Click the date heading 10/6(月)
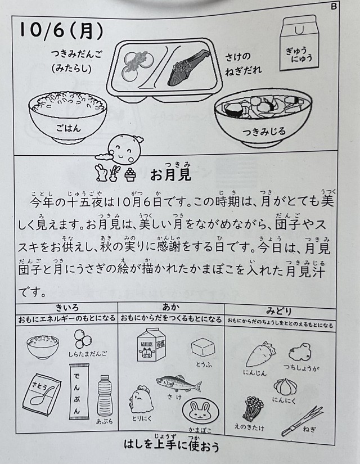pyautogui.click(x=61, y=30)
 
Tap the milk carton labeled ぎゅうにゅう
pyautogui.click(x=299, y=43)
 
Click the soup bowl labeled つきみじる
pyautogui.click(x=263, y=118)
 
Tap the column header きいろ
pyautogui.click(x=67, y=308)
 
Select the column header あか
pyautogui.click(x=171, y=308)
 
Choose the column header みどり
pyautogui.click(x=279, y=311)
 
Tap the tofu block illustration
pyautogui.click(x=203, y=348)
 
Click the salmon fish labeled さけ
pyautogui.click(x=179, y=384)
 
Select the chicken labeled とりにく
pyautogui.click(x=140, y=399)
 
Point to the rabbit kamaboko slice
pyautogui.click(x=200, y=412)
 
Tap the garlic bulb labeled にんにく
pyautogui.click(x=285, y=387)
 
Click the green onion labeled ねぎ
pyautogui.click(x=302, y=421)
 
